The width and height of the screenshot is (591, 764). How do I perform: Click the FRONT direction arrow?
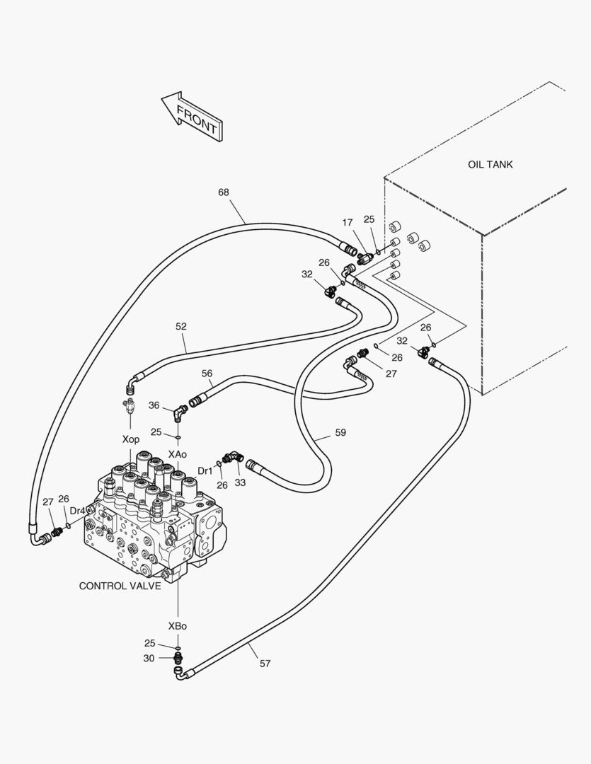[x=192, y=117]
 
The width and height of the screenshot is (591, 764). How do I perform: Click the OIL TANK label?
[x=490, y=165]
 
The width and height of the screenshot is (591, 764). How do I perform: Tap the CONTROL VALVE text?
[x=120, y=586]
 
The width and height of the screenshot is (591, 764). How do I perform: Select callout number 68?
[x=224, y=192]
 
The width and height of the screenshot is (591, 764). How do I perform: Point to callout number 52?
[x=181, y=326]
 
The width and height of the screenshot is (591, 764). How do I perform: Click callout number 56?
[x=207, y=374]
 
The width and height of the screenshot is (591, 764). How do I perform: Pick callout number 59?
[x=340, y=432]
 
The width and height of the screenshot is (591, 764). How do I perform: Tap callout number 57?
[x=265, y=663]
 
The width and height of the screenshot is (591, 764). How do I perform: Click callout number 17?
[x=348, y=223]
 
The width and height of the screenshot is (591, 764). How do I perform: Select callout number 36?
[x=154, y=405]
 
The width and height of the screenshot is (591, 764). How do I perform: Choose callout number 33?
[x=240, y=483]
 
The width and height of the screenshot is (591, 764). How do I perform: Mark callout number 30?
[x=149, y=659]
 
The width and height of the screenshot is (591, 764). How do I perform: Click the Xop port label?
[x=131, y=439]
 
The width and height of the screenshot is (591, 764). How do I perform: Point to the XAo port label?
[x=178, y=454]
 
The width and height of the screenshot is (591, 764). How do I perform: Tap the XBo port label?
[x=178, y=626]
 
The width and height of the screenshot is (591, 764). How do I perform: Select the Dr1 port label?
[x=205, y=471]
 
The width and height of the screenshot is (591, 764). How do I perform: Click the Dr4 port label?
[x=78, y=511]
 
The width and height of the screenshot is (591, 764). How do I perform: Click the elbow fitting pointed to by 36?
[x=180, y=413]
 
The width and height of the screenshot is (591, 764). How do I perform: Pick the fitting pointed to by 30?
[x=178, y=658]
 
